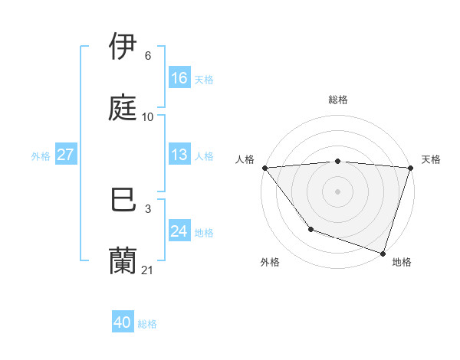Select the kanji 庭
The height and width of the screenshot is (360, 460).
tap(124, 108)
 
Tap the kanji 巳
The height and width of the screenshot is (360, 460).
tap(124, 200)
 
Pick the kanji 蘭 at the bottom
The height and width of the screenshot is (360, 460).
tap(124, 261)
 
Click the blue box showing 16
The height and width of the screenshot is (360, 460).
tap(179, 78)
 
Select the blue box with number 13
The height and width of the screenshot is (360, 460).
tap(179, 155)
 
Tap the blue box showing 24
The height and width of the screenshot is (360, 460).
tap(179, 231)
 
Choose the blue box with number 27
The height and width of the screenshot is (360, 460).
tap(65, 155)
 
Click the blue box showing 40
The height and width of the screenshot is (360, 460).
tap(123, 323)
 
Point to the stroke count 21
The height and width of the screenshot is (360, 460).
tap(148, 270)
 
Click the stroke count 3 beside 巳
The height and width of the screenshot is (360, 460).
tap(147, 208)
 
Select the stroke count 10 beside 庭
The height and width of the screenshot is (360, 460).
tap(148, 116)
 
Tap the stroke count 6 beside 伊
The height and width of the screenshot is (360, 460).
tap(147, 55)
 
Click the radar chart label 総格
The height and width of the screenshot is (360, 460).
tap(337, 100)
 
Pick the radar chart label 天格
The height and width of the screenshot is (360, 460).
tap(431, 159)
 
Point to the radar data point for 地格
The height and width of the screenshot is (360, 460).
tap(383, 253)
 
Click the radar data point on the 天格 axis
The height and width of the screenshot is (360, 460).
tap(410, 168)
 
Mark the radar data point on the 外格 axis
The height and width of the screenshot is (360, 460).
tap(310, 228)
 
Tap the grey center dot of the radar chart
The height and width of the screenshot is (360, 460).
tap(337, 191)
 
